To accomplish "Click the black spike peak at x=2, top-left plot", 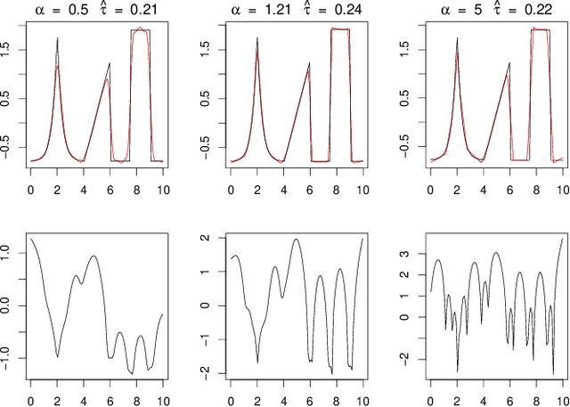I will tap(58, 38).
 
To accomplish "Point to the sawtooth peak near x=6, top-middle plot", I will tap(309, 63).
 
